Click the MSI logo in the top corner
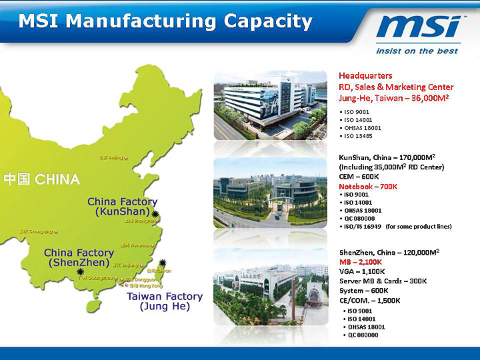pyautogui.click(x=419, y=27)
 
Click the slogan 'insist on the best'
pyautogui.click(x=417, y=51)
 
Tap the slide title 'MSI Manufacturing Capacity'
pyautogui.click(x=165, y=21)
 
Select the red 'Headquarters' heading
pyautogui.click(x=365, y=75)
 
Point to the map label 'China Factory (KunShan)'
pyautogui.click(x=122, y=207)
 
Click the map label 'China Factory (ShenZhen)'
pyautogui.click(x=79, y=258)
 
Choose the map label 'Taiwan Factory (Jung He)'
pyautogui.click(x=164, y=301)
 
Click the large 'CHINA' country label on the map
pyautogui.click(x=42, y=179)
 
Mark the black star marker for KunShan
pyautogui.click(x=155, y=214)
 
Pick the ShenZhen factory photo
pyautogui.click(x=269, y=287)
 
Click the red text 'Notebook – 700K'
pyautogui.click(x=368, y=186)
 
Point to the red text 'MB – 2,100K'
pyautogui.click(x=360, y=262)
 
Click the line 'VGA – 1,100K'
pyautogui.click(x=362, y=271)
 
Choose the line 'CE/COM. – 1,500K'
pyautogui.click(x=369, y=300)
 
